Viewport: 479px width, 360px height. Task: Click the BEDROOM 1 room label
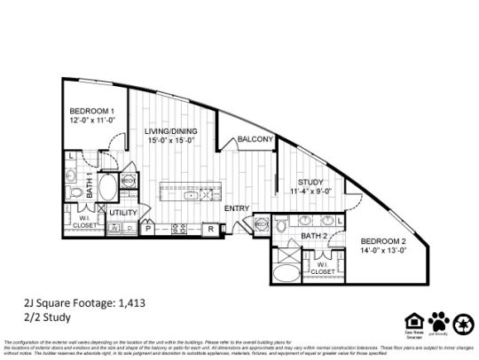[x=91, y=113]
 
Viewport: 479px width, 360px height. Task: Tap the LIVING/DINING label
[x=171, y=131]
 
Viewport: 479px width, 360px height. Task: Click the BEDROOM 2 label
[x=383, y=240]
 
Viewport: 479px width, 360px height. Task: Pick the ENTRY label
[x=237, y=208]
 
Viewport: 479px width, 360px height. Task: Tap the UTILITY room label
[x=123, y=213]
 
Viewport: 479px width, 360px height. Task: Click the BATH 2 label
[x=315, y=236]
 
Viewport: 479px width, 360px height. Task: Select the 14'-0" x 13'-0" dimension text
[x=383, y=250]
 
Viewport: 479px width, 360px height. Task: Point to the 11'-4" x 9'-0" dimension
[x=310, y=191]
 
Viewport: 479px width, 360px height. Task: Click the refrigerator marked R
[x=210, y=229]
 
